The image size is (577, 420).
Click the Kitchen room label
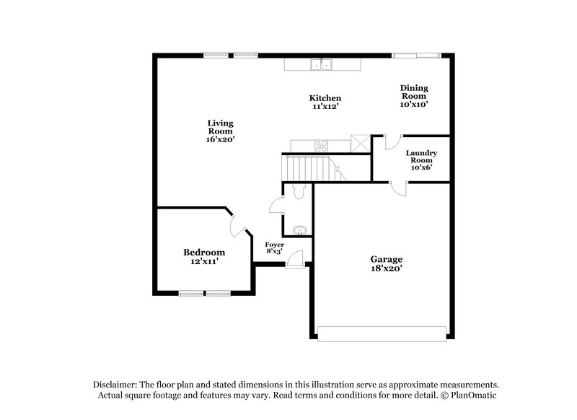pos(325,102)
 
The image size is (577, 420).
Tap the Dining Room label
pos(414,95)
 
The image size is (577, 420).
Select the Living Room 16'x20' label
pos(220,131)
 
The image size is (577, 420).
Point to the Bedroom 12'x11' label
pos(203,256)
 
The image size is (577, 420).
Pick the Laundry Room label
pos(420,159)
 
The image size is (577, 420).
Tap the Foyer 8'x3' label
pos(274,248)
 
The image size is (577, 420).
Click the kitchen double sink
pos(322,65)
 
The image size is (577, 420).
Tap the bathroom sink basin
pos(300,231)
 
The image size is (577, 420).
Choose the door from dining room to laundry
pos(392,142)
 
